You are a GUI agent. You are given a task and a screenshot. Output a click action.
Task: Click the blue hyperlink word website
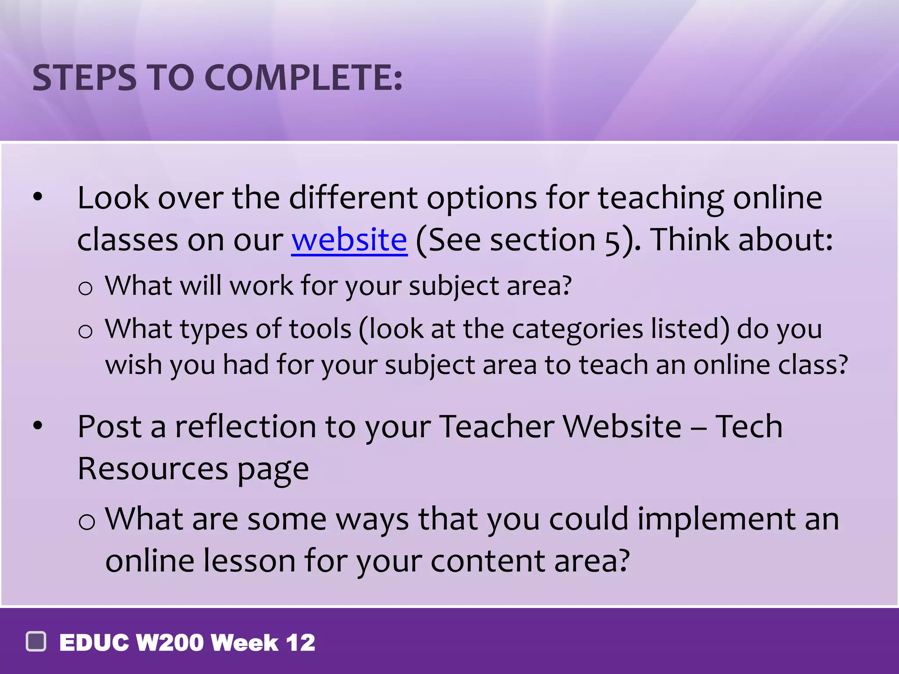click(x=349, y=240)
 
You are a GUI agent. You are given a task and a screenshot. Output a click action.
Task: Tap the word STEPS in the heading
click(x=84, y=78)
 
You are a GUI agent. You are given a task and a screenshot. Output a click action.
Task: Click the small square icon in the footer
click(x=36, y=642)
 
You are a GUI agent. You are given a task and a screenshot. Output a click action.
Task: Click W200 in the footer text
click(x=169, y=643)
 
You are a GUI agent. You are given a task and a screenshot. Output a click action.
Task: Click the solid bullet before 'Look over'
click(x=38, y=197)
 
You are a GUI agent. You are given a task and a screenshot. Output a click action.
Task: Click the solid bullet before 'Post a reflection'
click(x=38, y=425)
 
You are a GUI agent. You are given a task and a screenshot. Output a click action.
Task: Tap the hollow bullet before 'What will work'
click(x=85, y=289)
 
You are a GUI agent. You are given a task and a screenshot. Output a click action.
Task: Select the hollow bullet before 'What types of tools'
click(x=85, y=331)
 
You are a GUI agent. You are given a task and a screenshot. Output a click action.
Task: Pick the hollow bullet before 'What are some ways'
click(x=86, y=522)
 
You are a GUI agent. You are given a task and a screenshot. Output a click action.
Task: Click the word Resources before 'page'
click(x=153, y=469)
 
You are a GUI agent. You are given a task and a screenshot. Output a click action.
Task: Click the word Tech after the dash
click(x=749, y=427)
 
